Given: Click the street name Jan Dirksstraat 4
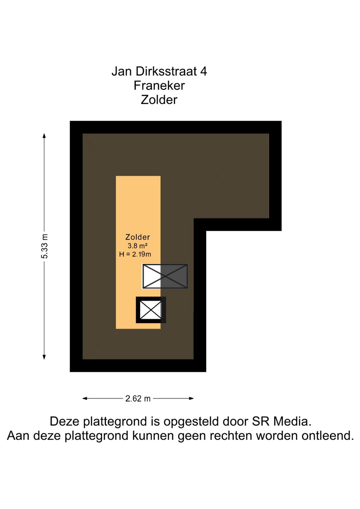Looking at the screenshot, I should [159, 71].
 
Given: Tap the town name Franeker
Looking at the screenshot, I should [159, 86].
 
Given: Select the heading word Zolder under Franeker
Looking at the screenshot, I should [159, 100].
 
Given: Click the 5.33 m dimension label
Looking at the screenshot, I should [45, 246].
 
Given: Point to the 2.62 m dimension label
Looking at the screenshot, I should [138, 399].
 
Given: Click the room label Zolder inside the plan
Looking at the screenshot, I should [137, 237].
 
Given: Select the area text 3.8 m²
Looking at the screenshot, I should [137, 246].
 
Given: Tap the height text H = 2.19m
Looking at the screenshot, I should [135, 254].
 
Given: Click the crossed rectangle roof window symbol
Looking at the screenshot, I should [165, 276].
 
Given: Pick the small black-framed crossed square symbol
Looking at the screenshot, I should [151, 310].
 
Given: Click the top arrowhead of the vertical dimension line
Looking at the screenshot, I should [44, 135].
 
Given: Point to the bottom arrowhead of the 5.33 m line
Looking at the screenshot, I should [44, 357].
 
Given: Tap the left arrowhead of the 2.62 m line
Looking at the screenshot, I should [85, 398].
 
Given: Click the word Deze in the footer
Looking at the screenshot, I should [65, 421].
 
